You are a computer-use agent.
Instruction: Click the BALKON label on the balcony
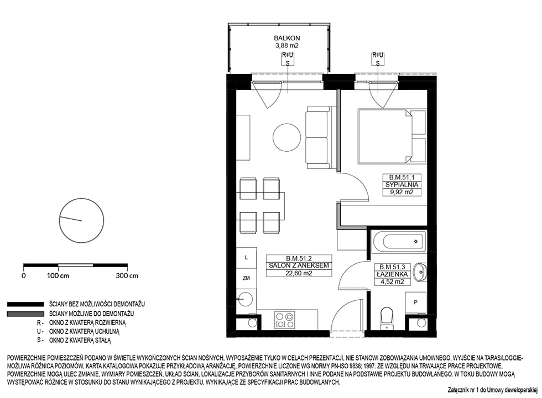(287, 38)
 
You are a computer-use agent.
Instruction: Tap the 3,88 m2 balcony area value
(287, 45)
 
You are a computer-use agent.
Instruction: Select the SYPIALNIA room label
(402, 185)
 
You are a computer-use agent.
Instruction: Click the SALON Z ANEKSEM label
(299, 266)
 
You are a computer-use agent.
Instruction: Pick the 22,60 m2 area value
(299, 273)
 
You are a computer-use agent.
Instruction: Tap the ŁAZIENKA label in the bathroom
(392, 274)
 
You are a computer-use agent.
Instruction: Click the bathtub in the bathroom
(399, 241)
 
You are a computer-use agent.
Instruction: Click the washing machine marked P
(416, 303)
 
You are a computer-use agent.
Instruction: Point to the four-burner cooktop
(284, 320)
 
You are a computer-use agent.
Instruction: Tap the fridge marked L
(246, 258)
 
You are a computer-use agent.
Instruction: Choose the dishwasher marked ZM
(246, 278)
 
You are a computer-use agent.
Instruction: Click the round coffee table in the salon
(286, 137)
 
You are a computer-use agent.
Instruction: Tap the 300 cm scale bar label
(127, 276)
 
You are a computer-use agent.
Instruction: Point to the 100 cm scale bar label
(58, 276)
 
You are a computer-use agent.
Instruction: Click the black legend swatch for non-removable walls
(25, 305)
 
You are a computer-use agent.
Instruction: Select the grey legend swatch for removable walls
(25, 314)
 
